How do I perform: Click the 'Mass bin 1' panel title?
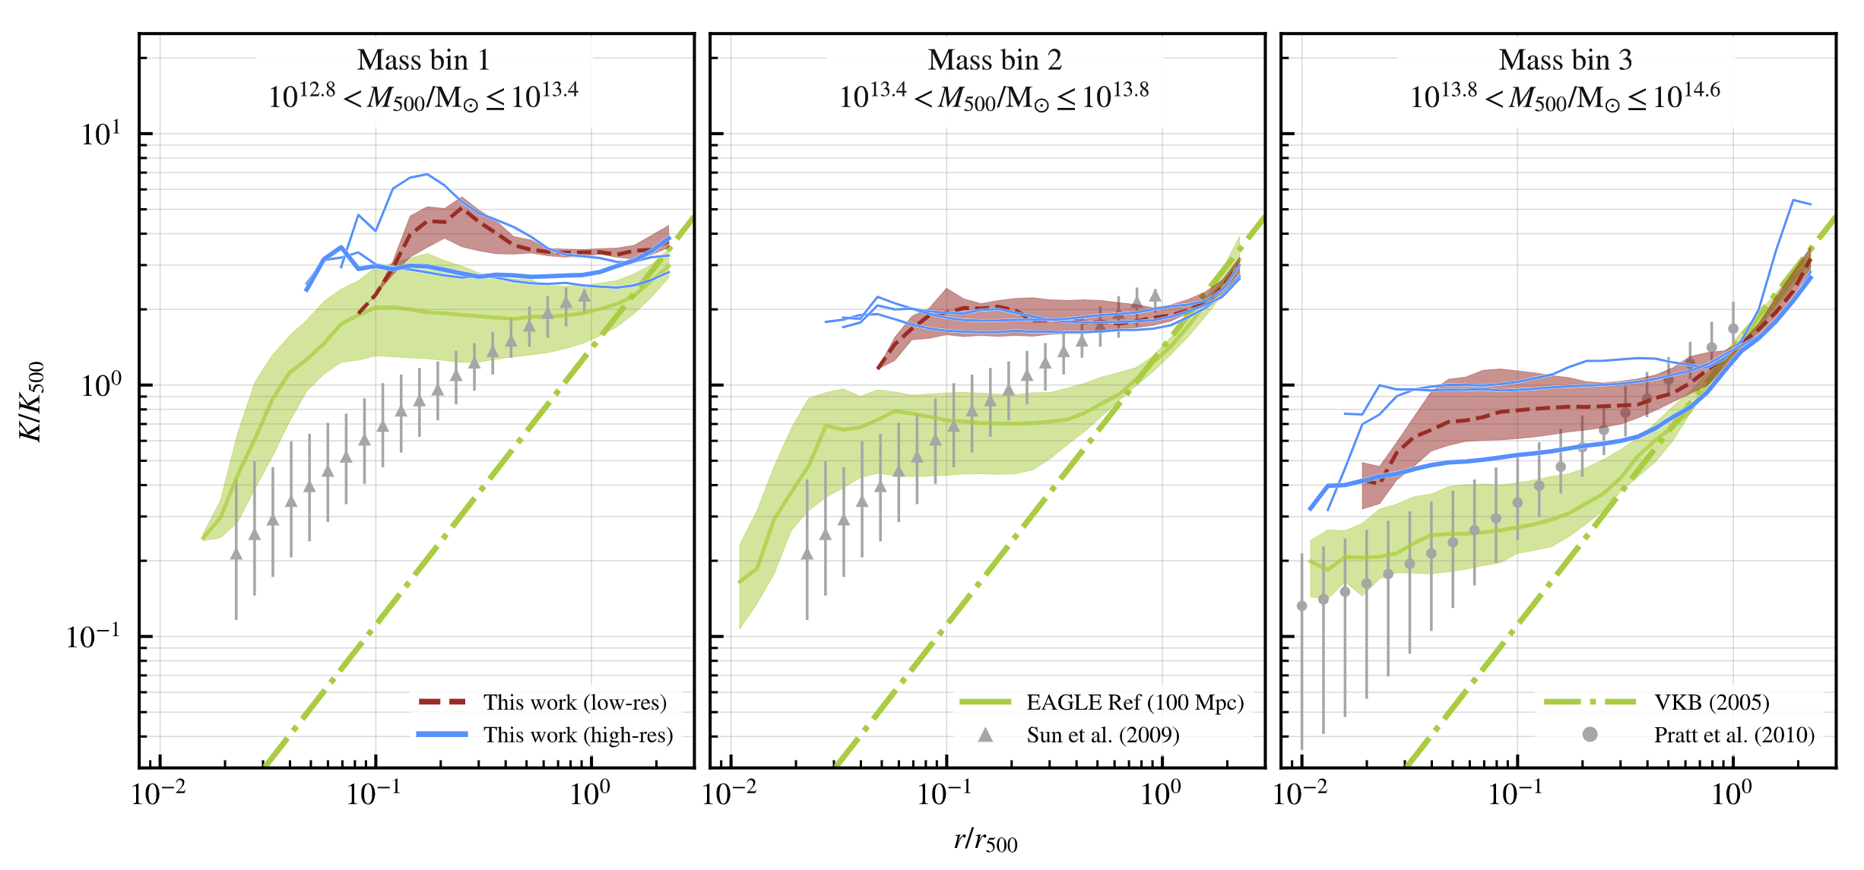[x=423, y=60]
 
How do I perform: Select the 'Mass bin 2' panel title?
[x=994, y=60]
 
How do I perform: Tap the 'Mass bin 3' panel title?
[x=1565, y=60]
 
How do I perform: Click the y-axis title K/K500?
[x=32, y=402]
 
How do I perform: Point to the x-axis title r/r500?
[x=985, y=840]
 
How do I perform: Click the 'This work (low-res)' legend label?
[x=575, y=702]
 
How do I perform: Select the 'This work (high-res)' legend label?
[x=578, y=735]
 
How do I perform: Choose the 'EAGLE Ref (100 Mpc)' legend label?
[x=1135, y=702]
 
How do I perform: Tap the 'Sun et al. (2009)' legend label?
[x=1103, y=735]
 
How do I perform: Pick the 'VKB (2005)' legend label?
[x=1712, y=702]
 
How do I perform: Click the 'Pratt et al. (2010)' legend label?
[x=1734, y=735]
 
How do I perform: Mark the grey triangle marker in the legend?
[x=985, y=734]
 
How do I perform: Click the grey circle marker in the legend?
[x=1590, y=735]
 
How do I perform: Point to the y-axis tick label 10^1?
[x=101, y=134]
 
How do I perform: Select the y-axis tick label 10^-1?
[x=94, y=637]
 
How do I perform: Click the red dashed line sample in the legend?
[x=442, y=702]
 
